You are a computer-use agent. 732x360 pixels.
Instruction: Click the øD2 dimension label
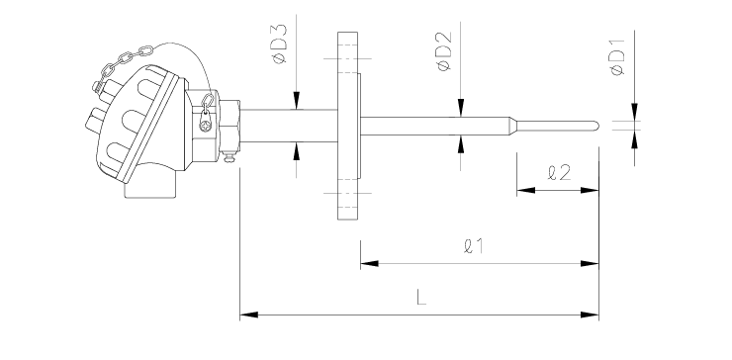click(x=444, y=51)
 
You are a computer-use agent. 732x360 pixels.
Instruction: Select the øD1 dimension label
click(x=617, y=57)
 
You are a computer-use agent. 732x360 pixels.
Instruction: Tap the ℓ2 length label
click(x=559, y=173)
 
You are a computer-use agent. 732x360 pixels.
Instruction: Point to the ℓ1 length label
click(x=474, y=246)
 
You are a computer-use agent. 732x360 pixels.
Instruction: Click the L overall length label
click(x=421, y=297)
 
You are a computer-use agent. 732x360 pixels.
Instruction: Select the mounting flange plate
click(x=348, y=126)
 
